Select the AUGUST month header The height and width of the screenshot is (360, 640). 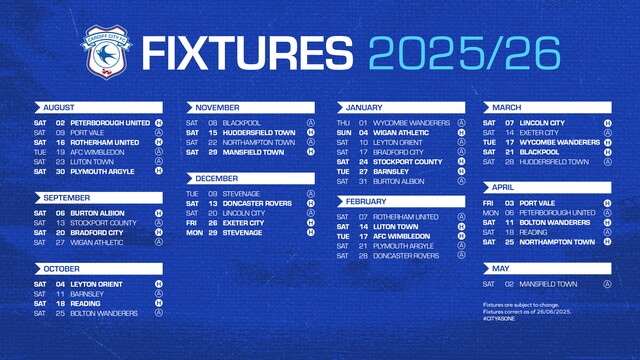pyautogui.click(x=61, y=106)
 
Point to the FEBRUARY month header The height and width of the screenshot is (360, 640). pyautogui.click(x=366, y=201)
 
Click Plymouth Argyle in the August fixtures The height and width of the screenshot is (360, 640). pyautogui.click(x=103, y=170)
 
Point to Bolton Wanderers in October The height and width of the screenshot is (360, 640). pyautogui.click(x=107, y=312)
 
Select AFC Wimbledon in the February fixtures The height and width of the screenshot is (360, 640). pyautogui.click(x=403, y=236)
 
